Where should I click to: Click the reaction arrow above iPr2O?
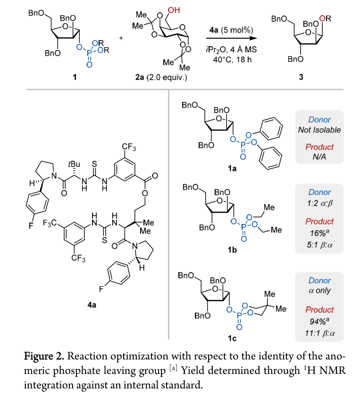(x=234, y=39)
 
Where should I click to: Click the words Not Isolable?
(x=319, y=130)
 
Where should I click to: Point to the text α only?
(x=319, y=290)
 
